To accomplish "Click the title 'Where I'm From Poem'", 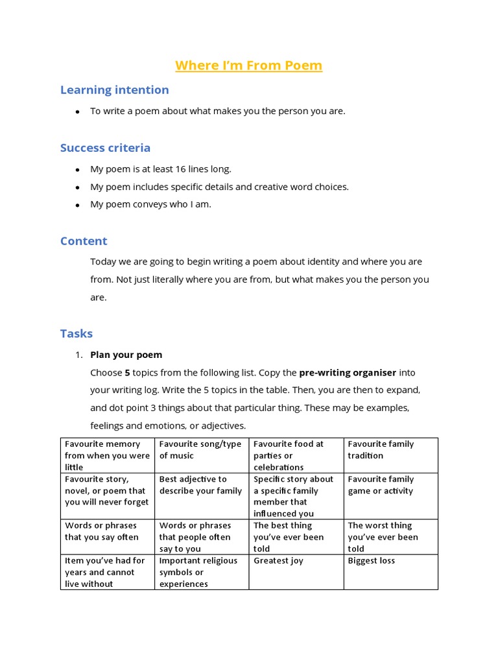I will [248, 65].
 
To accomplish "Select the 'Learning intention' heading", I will [114, 89].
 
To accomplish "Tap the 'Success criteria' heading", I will [105, 147].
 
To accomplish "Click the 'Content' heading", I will [84, 241].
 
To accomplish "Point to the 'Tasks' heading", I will [77, 333].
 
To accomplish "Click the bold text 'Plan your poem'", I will [126, 355].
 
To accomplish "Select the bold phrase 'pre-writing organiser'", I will [347, 373].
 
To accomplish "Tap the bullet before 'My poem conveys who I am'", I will [77, 205].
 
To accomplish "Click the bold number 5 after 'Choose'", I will [127, 373].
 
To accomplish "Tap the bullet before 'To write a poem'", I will [77, 112].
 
